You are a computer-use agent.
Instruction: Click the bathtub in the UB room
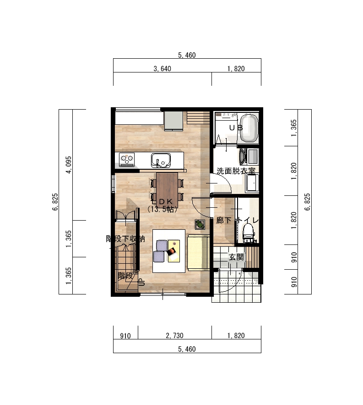(x=249, y=128)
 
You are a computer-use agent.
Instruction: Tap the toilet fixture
(x=249, y=233)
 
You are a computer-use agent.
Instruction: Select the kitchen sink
(x=161, y=161)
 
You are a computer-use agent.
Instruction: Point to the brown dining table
(x=167, y=190)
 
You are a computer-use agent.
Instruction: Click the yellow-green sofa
(x=198, y=252)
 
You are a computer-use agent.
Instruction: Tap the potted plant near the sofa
(x=200, y=224)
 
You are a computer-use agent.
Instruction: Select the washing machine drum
(x=242, y=156)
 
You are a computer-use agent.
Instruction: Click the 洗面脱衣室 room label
(x=236, y=171)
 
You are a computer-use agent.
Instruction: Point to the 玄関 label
(x=236, y=257)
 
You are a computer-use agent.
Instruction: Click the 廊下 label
(x=223, y=220)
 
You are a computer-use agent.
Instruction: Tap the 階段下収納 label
(x=125, y=239)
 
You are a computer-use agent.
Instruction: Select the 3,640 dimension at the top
(x=162, y=69)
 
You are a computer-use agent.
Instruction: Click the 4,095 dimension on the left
(x=69, y=165)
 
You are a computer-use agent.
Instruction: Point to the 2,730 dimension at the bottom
(x=174, y=336)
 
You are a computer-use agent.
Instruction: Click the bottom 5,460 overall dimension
(x=187, y=349)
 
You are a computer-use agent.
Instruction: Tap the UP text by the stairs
(x=141, y=283)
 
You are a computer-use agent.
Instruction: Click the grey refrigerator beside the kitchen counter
(x=173, y=121)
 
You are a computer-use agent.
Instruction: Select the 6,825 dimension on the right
(x=307, y=202)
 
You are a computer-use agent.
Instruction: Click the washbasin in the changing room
(x=252, y=183)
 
